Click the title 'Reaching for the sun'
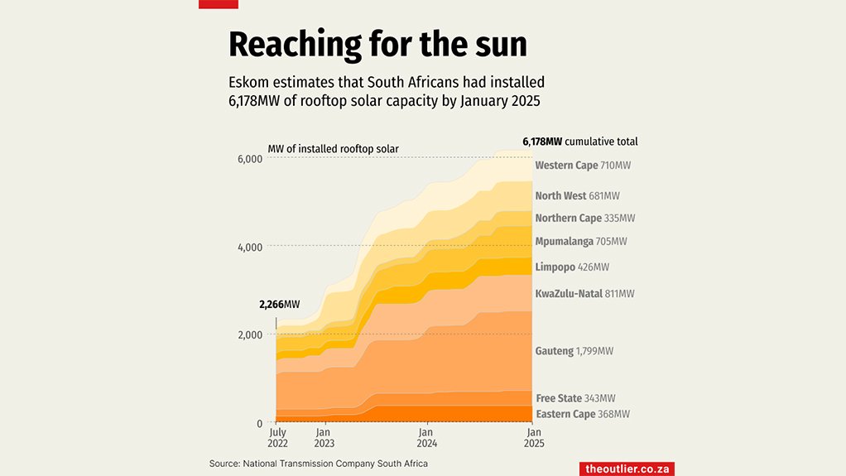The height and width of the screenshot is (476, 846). pyautogui.click(x=377, y=44)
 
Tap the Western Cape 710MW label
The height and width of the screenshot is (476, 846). pyautogui.click(x=583, y=166)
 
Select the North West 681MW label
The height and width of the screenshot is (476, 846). pyautogui.click(x=577, y=196)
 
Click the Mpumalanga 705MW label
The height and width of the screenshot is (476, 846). pyautogui.click(x=581, y=242)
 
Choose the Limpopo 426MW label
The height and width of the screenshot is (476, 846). pyautogui.click(x=572, y=267)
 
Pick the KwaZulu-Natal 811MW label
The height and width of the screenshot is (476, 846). pyautogui.click(x=584, y=294)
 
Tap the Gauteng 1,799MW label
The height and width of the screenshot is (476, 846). pyautogui.click(x=574, y=351)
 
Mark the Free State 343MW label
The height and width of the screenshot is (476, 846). pyautogui.click(x=575, y=399)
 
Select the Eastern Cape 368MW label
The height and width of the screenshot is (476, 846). pyautogui.click(x=583, y=414)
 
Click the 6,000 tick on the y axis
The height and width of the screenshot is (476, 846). pyautogui.click(x=249, y=158)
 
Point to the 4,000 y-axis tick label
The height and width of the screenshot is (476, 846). pyautogui.click(x=249, y=247)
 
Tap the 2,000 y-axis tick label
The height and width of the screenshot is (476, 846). pyautogui.click(x=249, y=334)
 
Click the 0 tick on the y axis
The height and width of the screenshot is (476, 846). pyautogui.click(x=259, y=423)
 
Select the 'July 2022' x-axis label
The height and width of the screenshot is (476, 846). pyautogui.click(x=278, y=438)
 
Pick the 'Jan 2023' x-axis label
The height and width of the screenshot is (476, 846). pyautogui.click(x=324, y=438)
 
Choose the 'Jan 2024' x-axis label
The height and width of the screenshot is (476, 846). pyautogui.click(x=425, y=438)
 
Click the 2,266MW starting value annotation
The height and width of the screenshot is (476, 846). pyautogui.click(x=279, y=305)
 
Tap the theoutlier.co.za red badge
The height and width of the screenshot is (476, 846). pyautogui.click(x=627, y=469)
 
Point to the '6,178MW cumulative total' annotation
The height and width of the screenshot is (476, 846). pyautogui.click(x=579, y=142)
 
